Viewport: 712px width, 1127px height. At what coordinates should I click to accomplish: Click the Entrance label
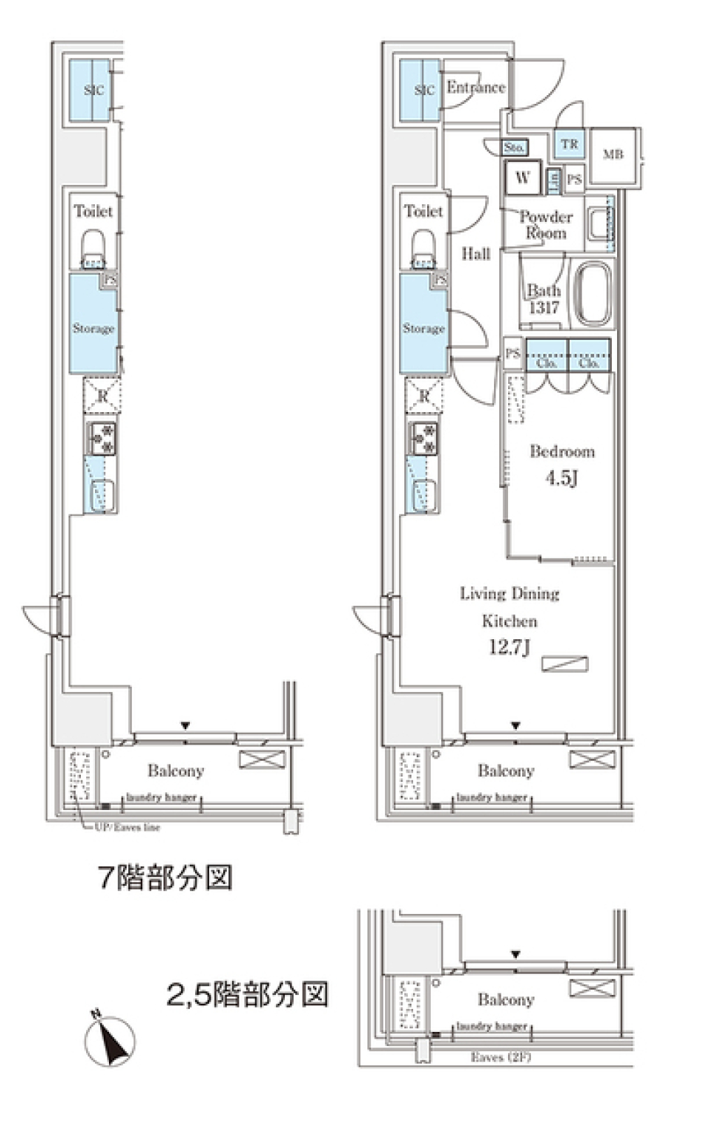(475, 88)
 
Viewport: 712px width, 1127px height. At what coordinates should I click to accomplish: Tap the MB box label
(613, 154)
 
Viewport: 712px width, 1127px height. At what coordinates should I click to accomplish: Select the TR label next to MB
(569, 144)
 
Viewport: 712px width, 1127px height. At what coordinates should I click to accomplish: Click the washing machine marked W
(523, 177)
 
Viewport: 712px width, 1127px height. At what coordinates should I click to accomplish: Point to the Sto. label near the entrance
(514, 148)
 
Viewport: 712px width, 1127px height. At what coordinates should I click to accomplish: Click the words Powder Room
(546, 225)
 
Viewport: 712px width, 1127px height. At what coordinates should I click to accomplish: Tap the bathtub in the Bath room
(595, 293)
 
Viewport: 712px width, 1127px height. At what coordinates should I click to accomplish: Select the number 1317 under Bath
(544, 308)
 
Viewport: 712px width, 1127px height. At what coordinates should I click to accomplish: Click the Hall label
(475, 254)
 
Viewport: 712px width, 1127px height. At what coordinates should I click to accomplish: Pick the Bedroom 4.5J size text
(561, 478)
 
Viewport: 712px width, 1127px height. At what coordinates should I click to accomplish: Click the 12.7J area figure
(509, 647)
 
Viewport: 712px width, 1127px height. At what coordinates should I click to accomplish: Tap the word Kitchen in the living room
(510, 621)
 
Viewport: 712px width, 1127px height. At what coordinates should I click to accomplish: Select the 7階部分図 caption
(165, 878)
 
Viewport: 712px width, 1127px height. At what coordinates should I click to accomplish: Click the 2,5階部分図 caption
(247, 994)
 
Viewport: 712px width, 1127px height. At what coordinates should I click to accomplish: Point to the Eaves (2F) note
(501, 1057)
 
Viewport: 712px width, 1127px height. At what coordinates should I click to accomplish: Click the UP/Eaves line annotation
(127, 827)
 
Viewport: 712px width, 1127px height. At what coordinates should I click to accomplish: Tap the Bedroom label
(561, 451)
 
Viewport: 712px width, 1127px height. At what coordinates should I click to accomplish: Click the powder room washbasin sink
(598, 221)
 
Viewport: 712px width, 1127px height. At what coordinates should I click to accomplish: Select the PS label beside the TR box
(574, 180)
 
